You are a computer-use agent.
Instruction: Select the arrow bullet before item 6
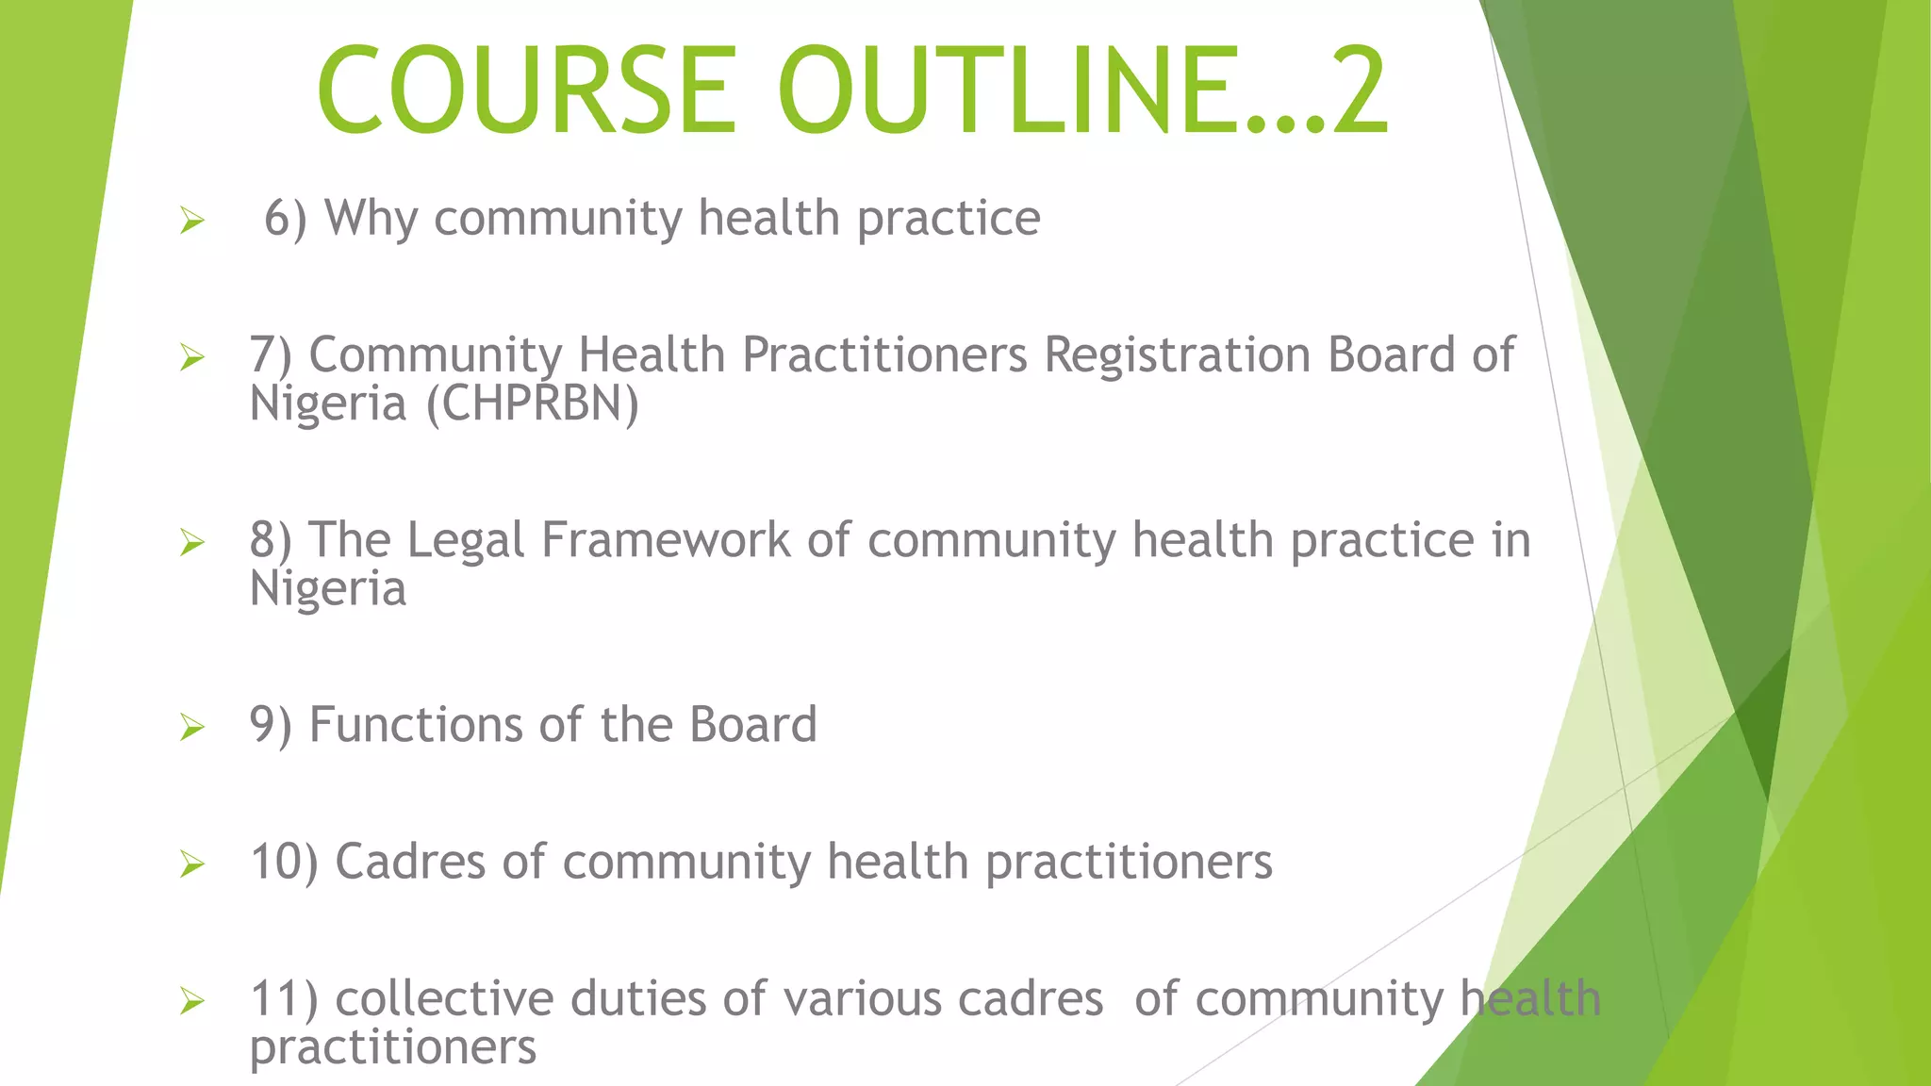tap(192, 222)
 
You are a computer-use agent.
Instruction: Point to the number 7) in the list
tap(271, 356)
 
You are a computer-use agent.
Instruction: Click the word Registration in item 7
tap(1177, 355)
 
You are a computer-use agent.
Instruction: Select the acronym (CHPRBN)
tap(533, 403)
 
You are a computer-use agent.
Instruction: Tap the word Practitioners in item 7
tap(884, 355)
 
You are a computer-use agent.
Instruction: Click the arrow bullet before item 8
tap(192, 542)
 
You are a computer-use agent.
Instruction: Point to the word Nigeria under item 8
tap(327, 588)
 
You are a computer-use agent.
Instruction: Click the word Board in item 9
tap(752, 725)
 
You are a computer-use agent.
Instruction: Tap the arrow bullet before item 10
tap(192, 864)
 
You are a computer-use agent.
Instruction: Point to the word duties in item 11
tap(637, 998)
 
